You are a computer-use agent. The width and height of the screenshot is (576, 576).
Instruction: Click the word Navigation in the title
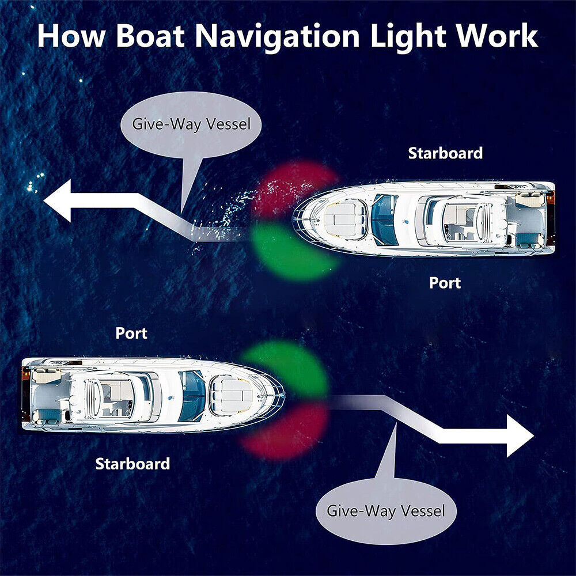[x=277, y=37]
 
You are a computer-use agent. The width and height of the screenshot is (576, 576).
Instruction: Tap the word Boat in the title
[x=150, y=36]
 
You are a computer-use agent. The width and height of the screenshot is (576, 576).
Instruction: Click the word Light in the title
[x=408, y=37]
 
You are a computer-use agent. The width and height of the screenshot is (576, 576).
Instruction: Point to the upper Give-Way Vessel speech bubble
[x=191, y=125]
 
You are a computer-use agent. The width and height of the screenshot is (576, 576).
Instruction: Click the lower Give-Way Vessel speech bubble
[x=386, y=510]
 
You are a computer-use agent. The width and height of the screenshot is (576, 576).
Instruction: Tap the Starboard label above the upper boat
[x=445, y=153]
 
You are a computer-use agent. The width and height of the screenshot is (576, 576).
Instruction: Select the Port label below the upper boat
[x=445, y=283]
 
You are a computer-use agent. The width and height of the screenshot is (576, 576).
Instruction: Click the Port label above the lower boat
[x=131, y=333]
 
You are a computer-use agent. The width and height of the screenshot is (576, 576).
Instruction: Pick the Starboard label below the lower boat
[x=132, y=464]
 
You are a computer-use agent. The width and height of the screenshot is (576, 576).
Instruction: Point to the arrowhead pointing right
[x=520, y=435]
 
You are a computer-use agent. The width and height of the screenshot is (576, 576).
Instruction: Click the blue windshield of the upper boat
[x=384, y=219]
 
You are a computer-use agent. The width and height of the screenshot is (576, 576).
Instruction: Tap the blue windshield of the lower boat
[x=192, y=396]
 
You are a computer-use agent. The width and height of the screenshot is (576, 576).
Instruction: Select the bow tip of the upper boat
[x=293, y=219]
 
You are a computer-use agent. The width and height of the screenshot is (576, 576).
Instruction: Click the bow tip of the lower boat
[x=285, y=396]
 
